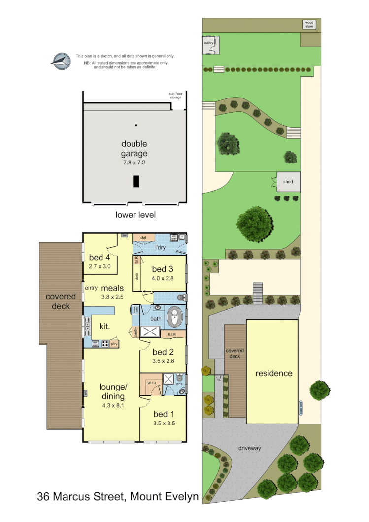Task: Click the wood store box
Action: click(x=309, y=24)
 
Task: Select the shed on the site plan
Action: click(x=288, y=182)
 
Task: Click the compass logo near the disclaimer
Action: click(x=60, y=60)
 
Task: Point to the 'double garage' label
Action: click(x=134, y=148)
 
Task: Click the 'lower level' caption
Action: click(x=136, y=215)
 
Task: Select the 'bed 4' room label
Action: click(x=100, y=258)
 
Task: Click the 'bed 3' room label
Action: click(x=163, y=269)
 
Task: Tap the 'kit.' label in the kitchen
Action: click(x=104, y=326)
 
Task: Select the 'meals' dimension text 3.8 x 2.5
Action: click(x=112, y=297)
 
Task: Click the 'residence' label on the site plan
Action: click(x=273, y=373)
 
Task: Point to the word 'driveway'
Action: click(x=250, y=448)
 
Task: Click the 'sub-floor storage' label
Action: click(x=176, y=96)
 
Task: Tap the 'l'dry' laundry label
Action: click(x=161, y=246)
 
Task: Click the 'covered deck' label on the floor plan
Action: click(x=61, y=301)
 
